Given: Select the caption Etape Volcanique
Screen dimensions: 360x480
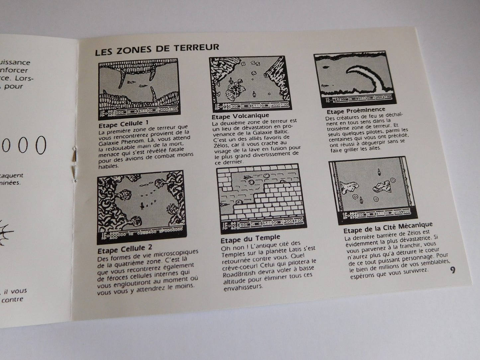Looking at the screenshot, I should coord(240,116).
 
